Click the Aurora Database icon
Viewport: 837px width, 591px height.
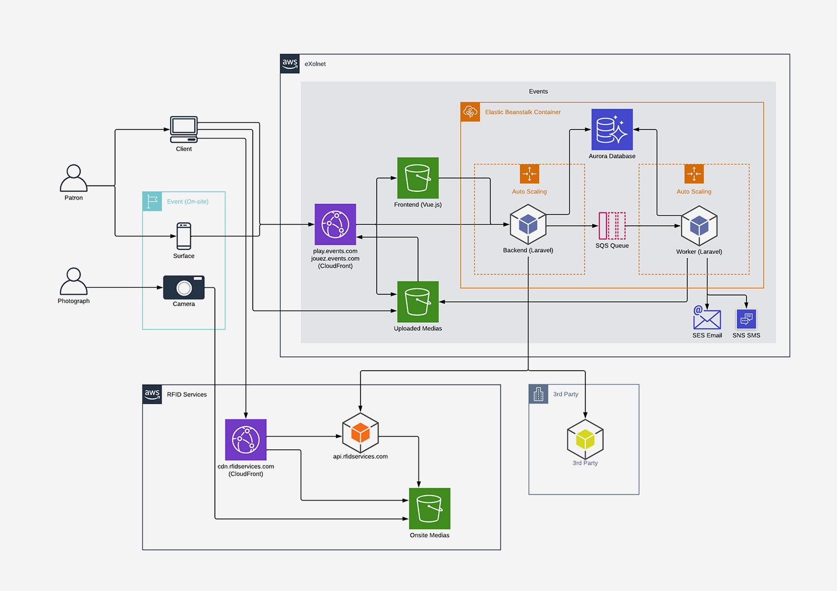tap(612, 129)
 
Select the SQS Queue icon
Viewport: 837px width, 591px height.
tap(612, 226)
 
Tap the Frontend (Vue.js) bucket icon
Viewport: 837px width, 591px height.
tap(418, 178)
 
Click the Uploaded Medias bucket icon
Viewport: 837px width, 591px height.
tap(418, 302)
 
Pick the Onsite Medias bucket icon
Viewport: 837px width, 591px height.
tap(430, 508)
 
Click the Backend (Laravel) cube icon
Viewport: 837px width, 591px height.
tap(528, 225)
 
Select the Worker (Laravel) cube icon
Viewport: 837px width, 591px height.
tap(699, 226)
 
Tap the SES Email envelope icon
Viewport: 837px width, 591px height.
tap(706, 318)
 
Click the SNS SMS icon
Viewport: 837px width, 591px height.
tap(746, 319)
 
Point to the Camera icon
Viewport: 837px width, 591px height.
tap(184, 288)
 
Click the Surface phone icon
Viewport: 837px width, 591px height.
tap(184, 236)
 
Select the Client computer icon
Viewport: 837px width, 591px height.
tap(184, 130)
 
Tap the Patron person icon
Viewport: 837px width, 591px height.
tap(74, 178)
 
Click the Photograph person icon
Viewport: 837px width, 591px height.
tap(74, 282)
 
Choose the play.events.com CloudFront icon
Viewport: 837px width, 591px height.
tap(335, 225)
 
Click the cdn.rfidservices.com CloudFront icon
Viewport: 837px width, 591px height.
tap(246, 440)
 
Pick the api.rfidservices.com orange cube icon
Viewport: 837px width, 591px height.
tap(360, 433)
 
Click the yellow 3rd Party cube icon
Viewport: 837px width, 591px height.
tap(585, 439)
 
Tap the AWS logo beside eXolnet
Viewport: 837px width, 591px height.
tap(290, 64)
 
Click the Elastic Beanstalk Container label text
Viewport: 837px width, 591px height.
tap(522, 112)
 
